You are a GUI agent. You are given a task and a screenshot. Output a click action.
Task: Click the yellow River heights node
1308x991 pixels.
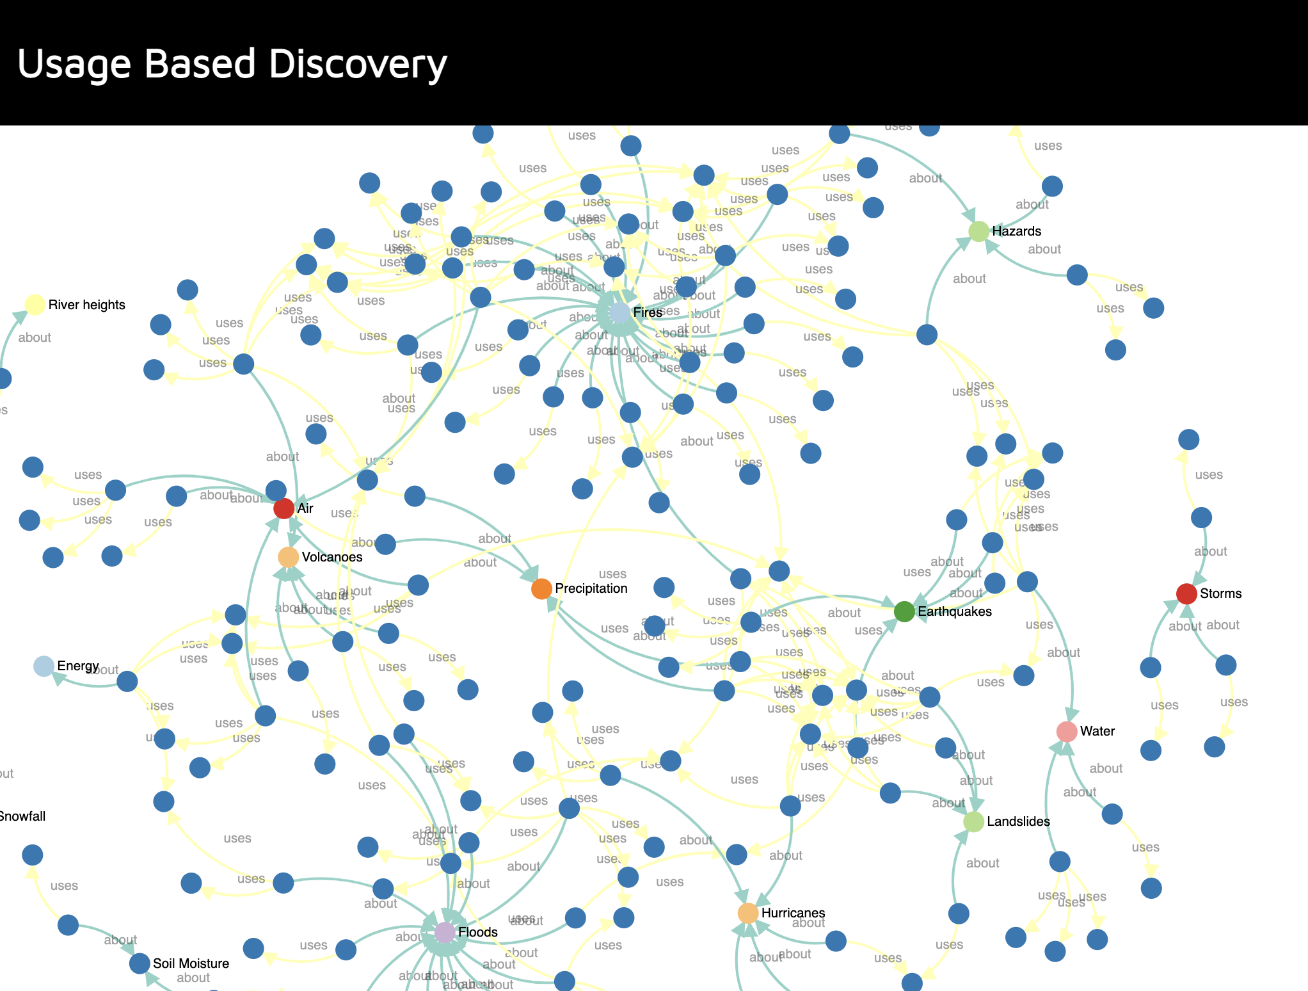click(x=35, y=305)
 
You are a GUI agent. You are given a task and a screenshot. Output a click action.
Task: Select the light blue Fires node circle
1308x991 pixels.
click(x=619, y=312)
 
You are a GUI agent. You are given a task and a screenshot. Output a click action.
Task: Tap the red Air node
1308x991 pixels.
click(x=283, y=508)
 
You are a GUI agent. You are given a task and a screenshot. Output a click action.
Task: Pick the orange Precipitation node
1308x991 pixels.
click(x=541, y=588)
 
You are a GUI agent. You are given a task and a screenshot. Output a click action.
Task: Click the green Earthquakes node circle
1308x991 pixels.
click(x=904, y=611)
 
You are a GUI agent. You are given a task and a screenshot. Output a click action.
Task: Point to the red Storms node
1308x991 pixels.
click(x=1186, y=593)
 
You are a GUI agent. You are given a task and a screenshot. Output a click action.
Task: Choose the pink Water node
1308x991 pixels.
click(x=1066, y=731)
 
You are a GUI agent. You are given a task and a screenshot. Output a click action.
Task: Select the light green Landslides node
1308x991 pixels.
click(x=973, y=821)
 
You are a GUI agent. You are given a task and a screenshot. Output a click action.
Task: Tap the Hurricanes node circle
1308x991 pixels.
click(x=747, y=913)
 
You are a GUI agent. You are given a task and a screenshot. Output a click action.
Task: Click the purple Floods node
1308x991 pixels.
click(x=445, y=932)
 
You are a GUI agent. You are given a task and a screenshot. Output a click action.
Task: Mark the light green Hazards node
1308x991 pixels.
click(x=978, y=231)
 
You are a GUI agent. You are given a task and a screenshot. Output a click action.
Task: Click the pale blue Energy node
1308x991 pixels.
click(x=44, y=666)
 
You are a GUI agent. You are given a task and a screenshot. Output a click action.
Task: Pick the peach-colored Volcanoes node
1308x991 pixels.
click(x=288, y=557)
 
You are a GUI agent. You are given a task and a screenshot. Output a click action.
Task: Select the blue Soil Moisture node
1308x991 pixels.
click(x=140, y=963)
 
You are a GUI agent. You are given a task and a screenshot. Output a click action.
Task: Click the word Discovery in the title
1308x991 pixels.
click(x=358, y=64)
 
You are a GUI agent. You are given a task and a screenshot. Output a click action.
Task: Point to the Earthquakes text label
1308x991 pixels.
click(x=954, y=611)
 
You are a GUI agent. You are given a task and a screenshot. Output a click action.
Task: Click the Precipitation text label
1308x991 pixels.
click(x=591, y=588)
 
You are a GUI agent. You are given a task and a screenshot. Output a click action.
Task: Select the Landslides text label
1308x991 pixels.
click(x=1018, y=821)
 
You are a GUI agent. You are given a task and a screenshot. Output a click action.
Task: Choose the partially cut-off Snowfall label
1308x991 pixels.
click(x=22, y=816)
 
